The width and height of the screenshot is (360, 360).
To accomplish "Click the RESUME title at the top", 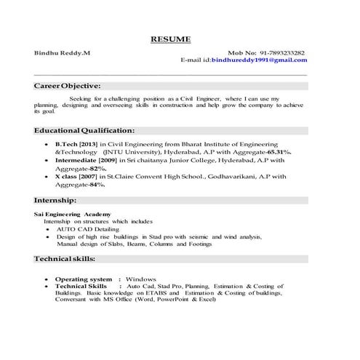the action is [170, 38].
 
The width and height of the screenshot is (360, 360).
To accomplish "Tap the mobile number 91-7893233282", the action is [277, 53].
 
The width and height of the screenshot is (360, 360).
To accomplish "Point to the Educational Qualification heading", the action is [84, 130].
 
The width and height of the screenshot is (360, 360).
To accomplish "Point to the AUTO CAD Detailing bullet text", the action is [87, 229].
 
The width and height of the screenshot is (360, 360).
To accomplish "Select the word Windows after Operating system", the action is [141, 279].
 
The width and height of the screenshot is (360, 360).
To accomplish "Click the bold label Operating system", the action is [84, 279].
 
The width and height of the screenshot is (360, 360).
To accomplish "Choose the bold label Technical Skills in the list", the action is [81, 287].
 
